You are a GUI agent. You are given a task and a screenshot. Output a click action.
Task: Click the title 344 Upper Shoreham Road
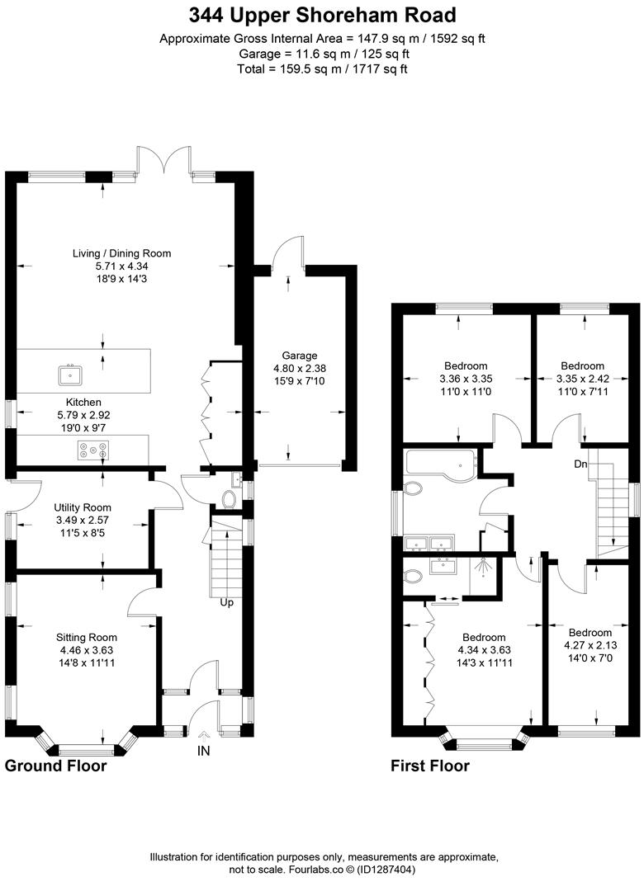point(322,15)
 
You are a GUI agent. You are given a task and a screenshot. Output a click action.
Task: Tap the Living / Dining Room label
point(121,253)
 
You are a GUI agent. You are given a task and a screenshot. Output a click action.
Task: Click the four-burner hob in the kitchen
point(93,450)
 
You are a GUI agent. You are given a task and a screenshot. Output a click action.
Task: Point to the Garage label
point(296,356)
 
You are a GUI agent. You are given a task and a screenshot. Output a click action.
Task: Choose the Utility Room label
point(83,507)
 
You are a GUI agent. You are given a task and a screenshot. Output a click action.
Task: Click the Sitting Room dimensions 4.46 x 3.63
point(87,649)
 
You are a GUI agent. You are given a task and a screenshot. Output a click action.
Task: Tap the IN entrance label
point(204,751)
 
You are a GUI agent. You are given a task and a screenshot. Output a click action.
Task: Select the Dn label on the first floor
point(581,464)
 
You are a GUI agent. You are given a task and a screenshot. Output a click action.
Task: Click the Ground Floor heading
point(56,766)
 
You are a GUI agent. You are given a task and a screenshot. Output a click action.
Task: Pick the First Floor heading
point(429,766)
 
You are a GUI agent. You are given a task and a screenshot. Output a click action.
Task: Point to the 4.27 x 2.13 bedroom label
point(588,644)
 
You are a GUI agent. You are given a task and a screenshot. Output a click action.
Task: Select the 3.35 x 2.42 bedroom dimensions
point(582,378)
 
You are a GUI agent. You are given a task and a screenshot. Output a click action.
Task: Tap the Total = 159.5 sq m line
point(322,68)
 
